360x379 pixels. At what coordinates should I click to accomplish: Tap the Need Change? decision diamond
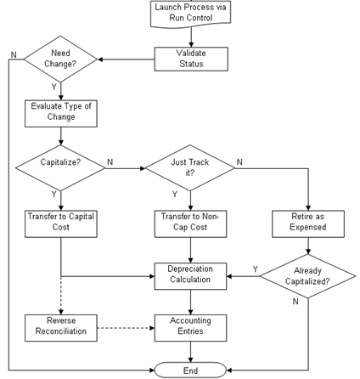coord(59,59)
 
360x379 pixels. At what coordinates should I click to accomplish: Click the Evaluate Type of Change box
coord(59,112)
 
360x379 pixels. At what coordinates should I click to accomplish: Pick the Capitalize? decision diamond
coord(59,167)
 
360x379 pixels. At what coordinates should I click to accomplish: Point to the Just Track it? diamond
coord(191,167)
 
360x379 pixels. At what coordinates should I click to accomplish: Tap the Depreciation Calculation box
coord(191,274)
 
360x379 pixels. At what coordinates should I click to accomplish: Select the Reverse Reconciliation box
coord(59,327)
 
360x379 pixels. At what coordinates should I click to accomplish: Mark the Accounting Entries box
coord(191,327)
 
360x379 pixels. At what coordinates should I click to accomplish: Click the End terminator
coord(191,370)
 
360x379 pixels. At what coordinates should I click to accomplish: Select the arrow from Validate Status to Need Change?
coord(127,59)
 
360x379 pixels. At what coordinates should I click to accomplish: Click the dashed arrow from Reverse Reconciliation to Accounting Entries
coord(123,327)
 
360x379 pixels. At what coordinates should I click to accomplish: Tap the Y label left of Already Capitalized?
coord(256,269)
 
